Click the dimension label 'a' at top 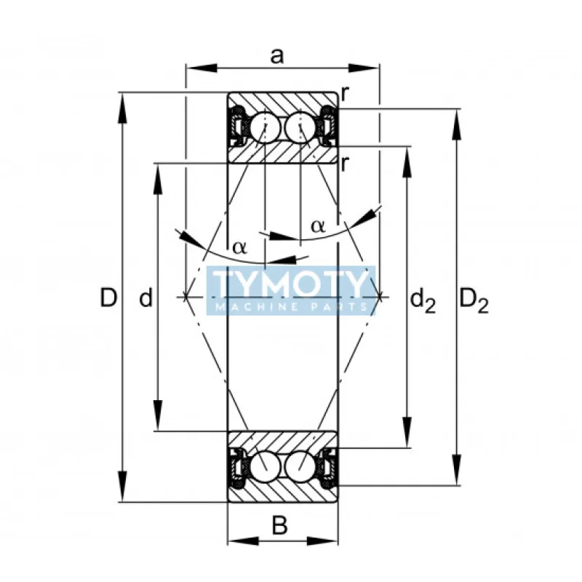(277, 55)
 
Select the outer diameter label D (108, 298)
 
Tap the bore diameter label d (145, 298)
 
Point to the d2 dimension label (423, 299)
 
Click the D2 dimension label (474, 299)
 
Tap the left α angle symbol (239, 247)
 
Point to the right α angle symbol (318, 226)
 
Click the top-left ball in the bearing (266, 129)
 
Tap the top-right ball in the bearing (300, 129)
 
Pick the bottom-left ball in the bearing (266, 466)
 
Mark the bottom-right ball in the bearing (300, 466)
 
